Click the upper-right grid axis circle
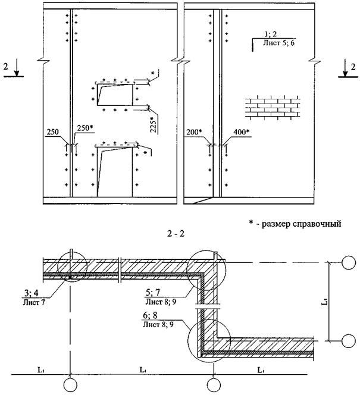[x=349, y=262]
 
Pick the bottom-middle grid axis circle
[x=214, y=385]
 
